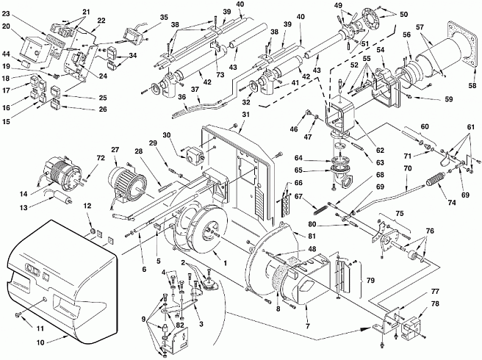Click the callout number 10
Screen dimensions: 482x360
tap(40, 342)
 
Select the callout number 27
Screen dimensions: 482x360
tap(115, 150)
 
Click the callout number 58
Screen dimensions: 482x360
tap(472, 85)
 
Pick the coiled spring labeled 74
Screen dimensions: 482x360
tap(435, 179)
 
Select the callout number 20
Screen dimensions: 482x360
tap(6, 26)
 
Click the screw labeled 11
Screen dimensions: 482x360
tap(18, 314)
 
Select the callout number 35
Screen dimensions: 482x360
tap(164, 17)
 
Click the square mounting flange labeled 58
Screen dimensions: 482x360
tap(463, 43)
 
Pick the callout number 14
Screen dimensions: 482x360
tap(24, 194)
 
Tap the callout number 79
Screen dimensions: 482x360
tap(371, 281)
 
